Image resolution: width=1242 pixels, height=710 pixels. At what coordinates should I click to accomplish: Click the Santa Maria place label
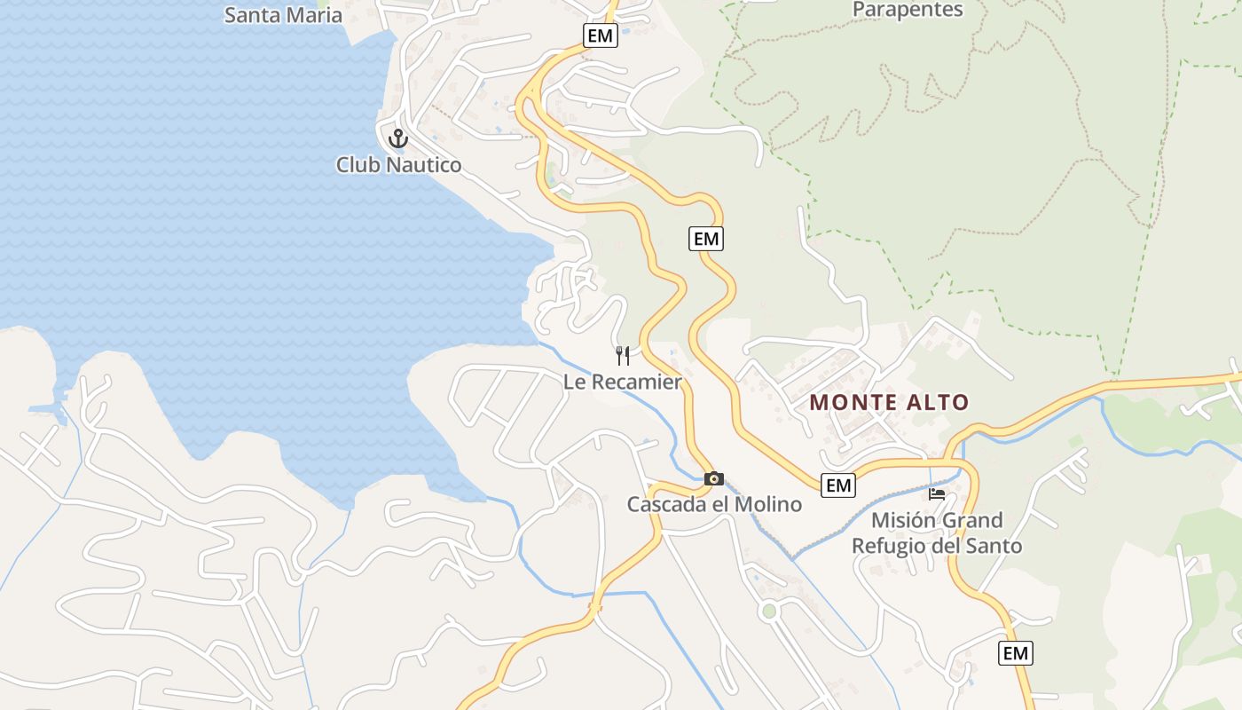click(x=283, y=14)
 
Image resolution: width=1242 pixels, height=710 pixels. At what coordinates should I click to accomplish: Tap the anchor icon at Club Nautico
click(x=397, y=138)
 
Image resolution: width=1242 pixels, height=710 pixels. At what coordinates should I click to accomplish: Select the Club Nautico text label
click(x=398, y=165)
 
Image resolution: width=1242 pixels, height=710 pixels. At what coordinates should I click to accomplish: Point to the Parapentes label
click(x=908, y=10)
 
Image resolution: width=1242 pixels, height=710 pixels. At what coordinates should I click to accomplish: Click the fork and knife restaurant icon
click(x=623, y=356)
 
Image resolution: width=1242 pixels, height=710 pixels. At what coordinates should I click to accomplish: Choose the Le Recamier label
click(x=623, y=383)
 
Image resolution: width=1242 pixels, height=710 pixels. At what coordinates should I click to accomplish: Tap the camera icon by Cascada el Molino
click(x=713, y=479)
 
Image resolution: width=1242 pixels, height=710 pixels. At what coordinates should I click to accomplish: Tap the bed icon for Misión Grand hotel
click(x=937, y=494)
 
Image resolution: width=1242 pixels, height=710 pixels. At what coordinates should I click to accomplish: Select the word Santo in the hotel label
click(x=997, y=546)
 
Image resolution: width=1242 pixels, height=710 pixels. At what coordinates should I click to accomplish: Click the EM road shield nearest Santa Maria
click(x=601, y=35)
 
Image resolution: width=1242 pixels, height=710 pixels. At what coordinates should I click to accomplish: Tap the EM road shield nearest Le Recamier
click(x=706, y=239)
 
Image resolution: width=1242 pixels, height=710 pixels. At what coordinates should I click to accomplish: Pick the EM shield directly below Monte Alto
click(x=838, y=485)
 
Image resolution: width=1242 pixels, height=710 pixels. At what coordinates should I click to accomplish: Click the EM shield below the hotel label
click(x=1016, y=654)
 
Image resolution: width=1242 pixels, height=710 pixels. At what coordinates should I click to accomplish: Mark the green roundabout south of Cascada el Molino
click(x=768, y=611)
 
